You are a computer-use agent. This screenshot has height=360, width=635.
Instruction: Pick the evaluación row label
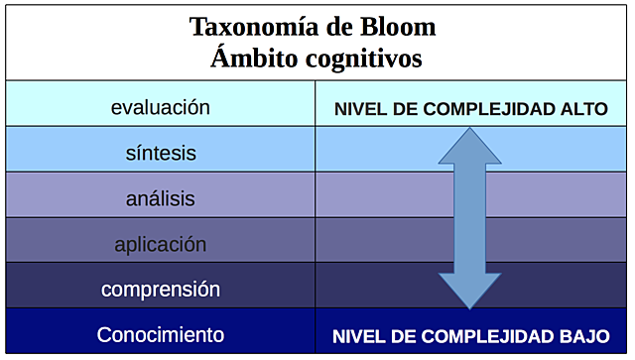tap(161, 107)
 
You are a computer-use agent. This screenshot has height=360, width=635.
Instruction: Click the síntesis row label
tap(161, 153)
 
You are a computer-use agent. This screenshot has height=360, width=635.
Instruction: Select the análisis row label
tap(161, 198)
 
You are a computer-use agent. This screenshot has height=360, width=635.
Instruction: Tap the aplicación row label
tap(161, 244)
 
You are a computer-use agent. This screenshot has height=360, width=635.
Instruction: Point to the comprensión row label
tap(161, 290)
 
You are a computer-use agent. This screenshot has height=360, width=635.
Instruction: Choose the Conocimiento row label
tap(161, 335)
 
